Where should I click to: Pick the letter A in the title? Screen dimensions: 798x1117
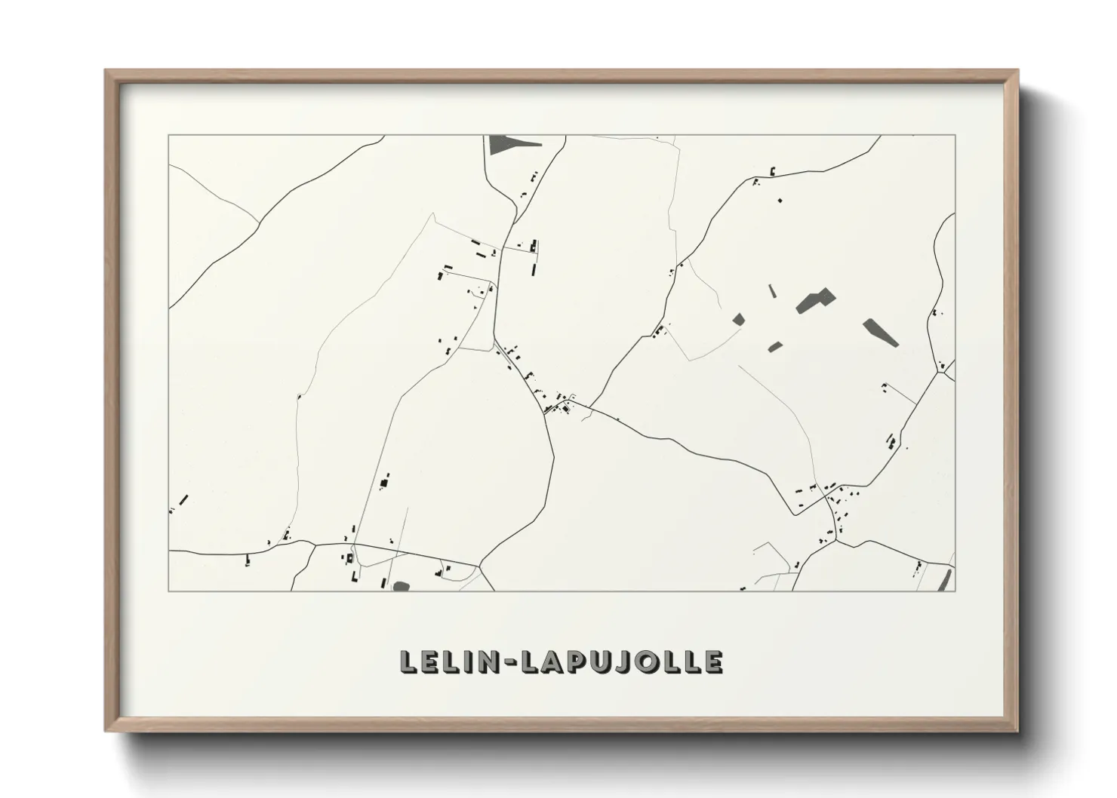[532, 661]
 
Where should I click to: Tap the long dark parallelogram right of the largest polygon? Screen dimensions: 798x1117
[881, 331]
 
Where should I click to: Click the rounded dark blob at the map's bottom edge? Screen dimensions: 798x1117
[400, 585]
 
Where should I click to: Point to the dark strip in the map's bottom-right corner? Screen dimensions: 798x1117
[943, 579]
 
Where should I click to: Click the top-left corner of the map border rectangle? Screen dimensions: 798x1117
[168, 135]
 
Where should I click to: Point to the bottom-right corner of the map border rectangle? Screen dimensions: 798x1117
[955, 591]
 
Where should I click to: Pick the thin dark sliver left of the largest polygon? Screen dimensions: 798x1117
[772, 291]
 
